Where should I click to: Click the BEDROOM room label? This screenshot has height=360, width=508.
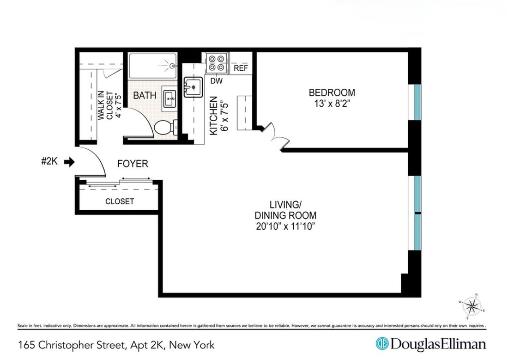(x=332, y=92)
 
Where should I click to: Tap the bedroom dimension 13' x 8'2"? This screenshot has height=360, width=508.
(x=332, y=104)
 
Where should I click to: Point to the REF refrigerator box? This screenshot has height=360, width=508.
(x=241, y=68)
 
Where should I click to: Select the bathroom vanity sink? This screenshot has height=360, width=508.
(x=170, y=98)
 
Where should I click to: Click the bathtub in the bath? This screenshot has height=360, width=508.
(x=152, y=66)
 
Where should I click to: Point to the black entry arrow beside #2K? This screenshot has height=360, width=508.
(x=69, y=162)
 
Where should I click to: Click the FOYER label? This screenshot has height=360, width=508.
(x=133, y=164)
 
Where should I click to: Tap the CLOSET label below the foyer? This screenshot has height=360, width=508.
(x=120, y=201)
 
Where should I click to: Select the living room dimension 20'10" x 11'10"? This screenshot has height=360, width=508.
(x=286, y=226)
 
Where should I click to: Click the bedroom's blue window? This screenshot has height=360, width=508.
(x=417, y=102)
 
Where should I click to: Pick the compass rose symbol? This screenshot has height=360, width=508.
(x=472, y=305)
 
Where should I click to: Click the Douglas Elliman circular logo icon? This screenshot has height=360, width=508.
(x=381, y=344)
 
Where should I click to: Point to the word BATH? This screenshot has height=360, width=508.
(x=145, y=96)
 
